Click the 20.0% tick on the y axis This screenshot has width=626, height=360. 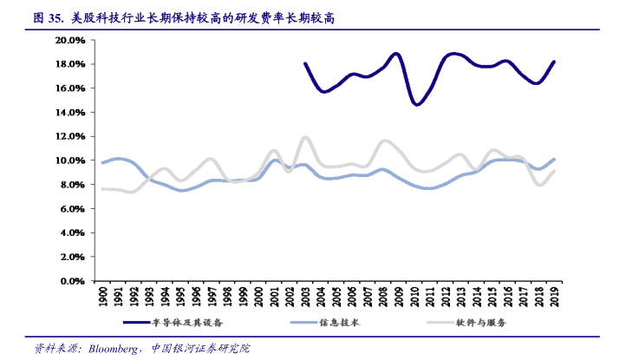[x=69, y=40]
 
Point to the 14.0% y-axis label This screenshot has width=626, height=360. [x=69, y=113]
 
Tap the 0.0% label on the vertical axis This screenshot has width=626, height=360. [x=72, y=281]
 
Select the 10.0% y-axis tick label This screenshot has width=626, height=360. [x=69, y=160]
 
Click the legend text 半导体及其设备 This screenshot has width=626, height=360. [x=187, y=322]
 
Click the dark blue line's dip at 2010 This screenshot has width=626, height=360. [x=416, y=105]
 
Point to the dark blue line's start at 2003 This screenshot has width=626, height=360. [x=305, y=63]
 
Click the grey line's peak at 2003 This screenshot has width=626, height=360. [x=305, y=137]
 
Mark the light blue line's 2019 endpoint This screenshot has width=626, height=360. [x=554, y=160]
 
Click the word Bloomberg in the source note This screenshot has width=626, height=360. [x=111, y=349]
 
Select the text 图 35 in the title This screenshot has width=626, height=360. [x=44, y=17]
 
